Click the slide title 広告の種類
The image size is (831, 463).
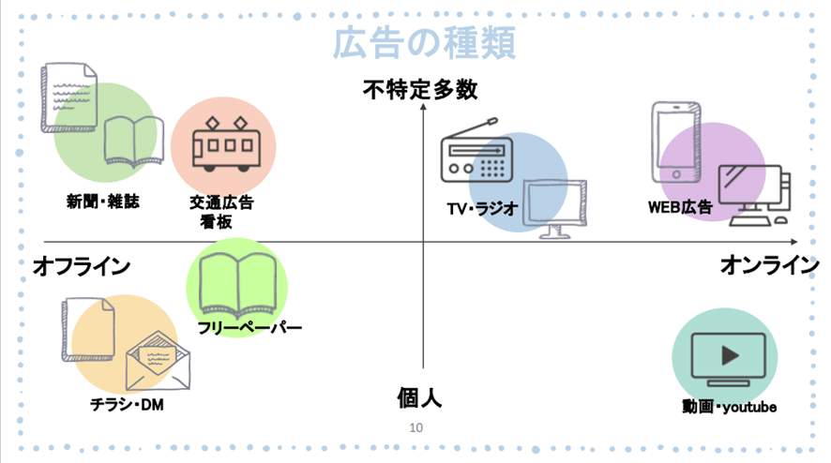point(423,44)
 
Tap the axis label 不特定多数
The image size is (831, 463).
point(421,90)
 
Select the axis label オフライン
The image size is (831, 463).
point(81,266)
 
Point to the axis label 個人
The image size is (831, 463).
point(419,397)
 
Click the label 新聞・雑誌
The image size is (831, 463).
point(102,201)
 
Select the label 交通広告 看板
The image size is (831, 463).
point(221,212)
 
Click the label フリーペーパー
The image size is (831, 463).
point(249,327)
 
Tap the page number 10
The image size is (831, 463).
point(416,427)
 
